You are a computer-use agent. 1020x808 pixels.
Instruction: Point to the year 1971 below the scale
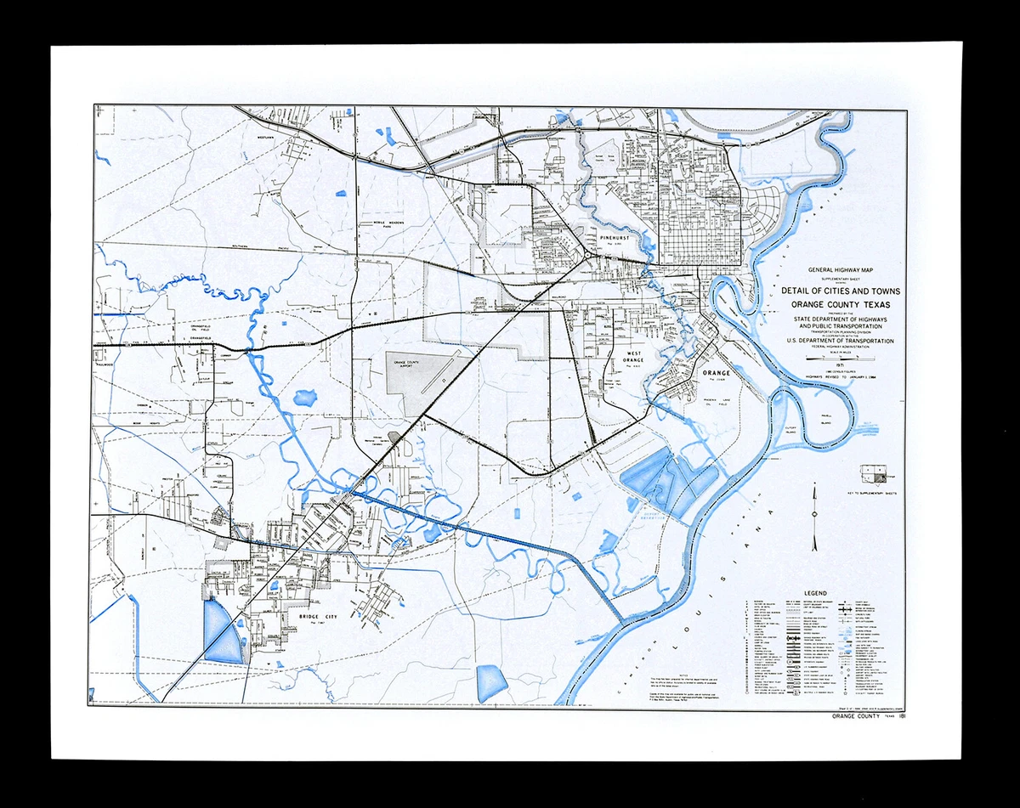[x=831, y=368]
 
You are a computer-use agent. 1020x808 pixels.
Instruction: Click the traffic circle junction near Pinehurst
[x=588, y=254]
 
